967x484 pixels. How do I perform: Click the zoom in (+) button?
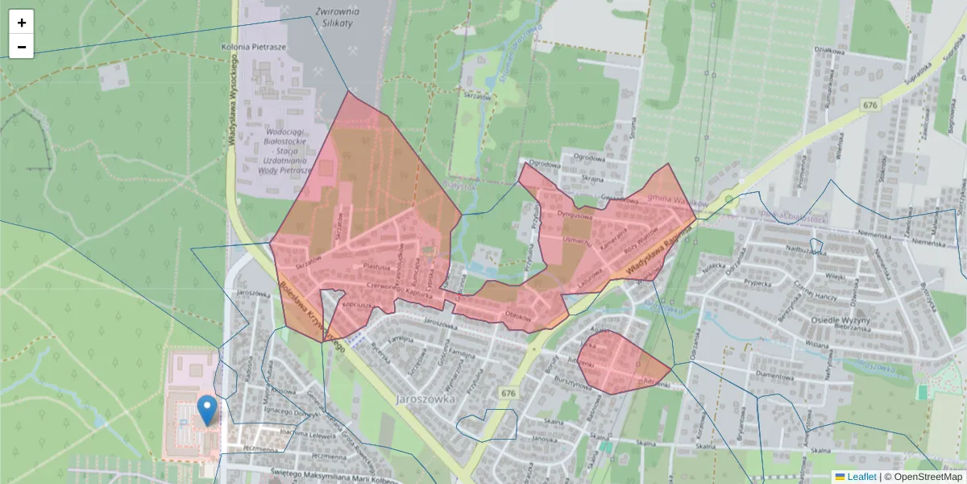(x=22, y=23)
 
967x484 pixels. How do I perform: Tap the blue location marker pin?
(x=207, y=410)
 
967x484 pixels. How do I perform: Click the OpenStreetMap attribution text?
(x=928, y=477)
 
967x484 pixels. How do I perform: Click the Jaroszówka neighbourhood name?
(x=427, y=398)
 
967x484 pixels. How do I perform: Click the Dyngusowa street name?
(x=575, y=215)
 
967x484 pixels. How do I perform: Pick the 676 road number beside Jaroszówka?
(x=507, y=393)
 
